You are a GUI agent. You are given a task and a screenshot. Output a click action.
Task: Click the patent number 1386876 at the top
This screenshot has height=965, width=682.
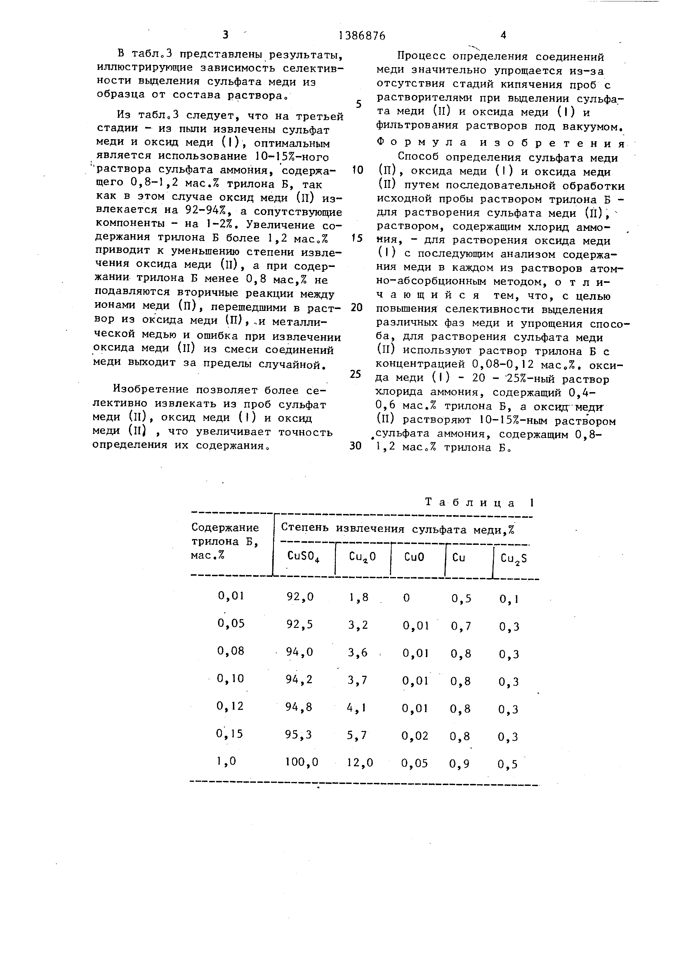pos(362,36)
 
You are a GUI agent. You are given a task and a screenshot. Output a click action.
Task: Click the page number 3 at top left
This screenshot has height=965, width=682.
pos(226,35)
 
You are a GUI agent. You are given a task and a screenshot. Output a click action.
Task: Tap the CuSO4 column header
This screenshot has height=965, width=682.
pos(303,557)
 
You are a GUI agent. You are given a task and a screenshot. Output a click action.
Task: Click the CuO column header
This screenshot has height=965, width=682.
pos(414,557)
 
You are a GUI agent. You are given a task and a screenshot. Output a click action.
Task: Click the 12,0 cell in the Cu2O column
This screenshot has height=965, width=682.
pos(360,762)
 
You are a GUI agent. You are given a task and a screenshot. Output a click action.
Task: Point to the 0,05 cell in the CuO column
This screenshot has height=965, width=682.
pos(414,763)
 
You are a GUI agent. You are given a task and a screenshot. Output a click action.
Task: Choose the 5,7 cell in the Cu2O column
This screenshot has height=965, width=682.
pos(358,735)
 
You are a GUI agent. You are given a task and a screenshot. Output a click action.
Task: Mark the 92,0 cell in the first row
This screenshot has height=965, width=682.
pos(300,597)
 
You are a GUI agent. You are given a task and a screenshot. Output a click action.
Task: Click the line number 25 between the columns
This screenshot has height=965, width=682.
pos(355,374)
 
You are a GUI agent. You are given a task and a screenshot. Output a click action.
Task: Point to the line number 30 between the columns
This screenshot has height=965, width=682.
pos(355,446)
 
